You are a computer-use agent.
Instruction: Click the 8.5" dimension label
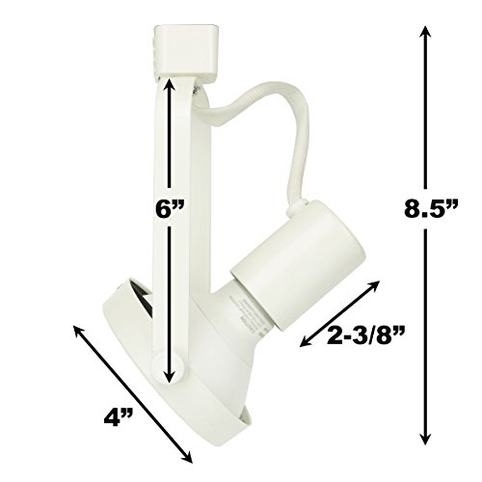point(431,209)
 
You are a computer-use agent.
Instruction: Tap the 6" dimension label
point(169,209)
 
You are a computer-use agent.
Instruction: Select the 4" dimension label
point(119,417)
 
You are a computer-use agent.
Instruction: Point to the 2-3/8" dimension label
point(365,335)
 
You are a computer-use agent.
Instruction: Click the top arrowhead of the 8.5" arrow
point(425,33)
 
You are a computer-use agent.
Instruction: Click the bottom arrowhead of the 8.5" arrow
point(425,436)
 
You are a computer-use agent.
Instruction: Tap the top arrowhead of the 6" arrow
point(169,87)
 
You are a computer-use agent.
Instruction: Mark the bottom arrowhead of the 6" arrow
point(169,374)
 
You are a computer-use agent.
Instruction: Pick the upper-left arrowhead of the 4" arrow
point(79,332)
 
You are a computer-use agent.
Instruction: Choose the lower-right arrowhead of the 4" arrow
point(187,457)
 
